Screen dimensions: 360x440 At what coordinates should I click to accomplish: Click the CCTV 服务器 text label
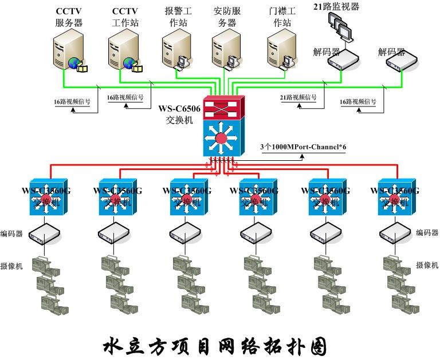(x=69, y=17)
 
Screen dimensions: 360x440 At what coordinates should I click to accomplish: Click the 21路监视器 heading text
(x=337, y=6)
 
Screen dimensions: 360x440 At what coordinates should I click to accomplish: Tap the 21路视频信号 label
(x=298, y=97)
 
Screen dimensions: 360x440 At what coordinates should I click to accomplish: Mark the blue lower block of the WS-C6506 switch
(x=223, y=136)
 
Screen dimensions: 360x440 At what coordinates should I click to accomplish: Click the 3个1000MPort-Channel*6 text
(x=304, y=147)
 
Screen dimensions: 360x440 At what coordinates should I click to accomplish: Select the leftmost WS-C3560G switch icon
(x=45, y=198)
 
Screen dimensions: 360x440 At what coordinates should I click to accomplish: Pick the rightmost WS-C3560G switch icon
(x=395, y=198)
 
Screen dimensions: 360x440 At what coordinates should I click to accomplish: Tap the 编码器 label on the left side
(x=11, y=234)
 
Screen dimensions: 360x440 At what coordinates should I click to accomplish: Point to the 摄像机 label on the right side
(x=427, y=265)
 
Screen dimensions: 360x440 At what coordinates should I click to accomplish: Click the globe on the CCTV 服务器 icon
(x=73, y=64)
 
